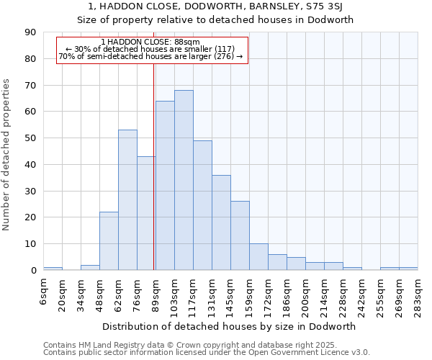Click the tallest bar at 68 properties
[x=184, y=180]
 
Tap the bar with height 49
[x=202, y=205]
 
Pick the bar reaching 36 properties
[x=221, y=222]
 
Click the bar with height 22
[x=109, y=241]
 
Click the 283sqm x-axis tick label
[x=418, y=292]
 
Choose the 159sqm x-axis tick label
[x=249, y=292]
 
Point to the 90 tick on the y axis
[x=31, y=32]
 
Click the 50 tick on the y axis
[x=31, y=138]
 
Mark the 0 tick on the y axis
[x=34, y=271]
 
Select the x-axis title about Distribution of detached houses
[x=230, y=326]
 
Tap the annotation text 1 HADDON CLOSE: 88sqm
[x=150, y=42]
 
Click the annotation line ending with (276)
[x=150, y=56]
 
